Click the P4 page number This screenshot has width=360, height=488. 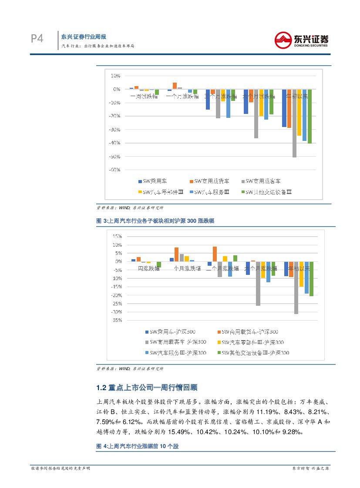click(x=37, y=39)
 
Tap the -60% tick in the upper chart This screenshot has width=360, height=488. click(x=115, y=170)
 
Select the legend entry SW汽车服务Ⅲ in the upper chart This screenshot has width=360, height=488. click(x=212, y=192)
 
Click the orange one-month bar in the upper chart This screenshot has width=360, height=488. click(x=175, y=86)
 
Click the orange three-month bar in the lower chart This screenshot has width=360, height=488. click(x=215, y=254)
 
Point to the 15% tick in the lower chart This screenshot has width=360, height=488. click(x=117, y=236)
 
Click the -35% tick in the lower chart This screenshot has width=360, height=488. click(x=116, y=320)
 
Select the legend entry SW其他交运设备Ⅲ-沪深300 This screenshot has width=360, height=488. click(x=255, y=353)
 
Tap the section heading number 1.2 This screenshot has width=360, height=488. click(x=101, y=388)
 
